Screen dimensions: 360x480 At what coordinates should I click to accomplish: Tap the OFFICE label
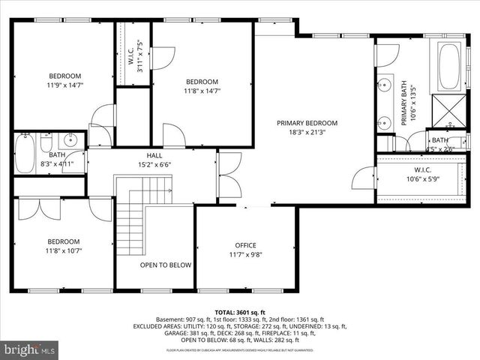[x=245, y=245]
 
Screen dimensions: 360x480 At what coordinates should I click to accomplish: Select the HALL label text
[x=154, y=155]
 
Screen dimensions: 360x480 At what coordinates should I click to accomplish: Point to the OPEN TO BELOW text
[x=165, y=265]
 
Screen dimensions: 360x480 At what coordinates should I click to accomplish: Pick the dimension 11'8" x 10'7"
[x=64, y=251]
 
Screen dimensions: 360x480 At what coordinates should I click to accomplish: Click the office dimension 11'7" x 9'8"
[x=245, y=255]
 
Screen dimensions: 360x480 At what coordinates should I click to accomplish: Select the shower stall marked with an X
[x=451, y=110]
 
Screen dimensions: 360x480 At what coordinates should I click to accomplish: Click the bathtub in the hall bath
[x=24, y=153]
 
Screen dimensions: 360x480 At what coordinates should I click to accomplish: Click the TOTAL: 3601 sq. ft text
[x=239, y=311]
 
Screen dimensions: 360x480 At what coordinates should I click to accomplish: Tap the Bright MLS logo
[x=30, y=349]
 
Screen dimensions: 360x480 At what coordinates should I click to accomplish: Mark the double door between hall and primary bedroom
[x=229, y=171]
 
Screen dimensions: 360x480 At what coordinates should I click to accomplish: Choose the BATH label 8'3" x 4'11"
[x=37, y=159]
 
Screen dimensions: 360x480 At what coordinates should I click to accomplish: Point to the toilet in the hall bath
[x=46, y=142]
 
